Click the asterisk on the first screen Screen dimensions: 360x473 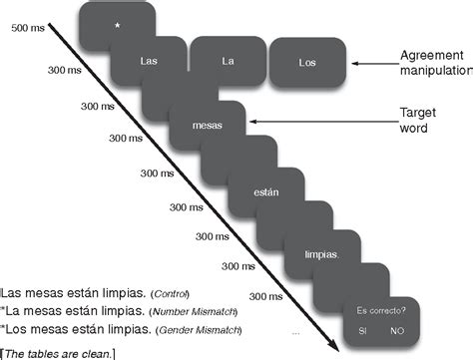118,23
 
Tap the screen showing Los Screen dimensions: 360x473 307,62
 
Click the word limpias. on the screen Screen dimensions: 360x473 322,253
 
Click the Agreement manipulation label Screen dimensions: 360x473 435,66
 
